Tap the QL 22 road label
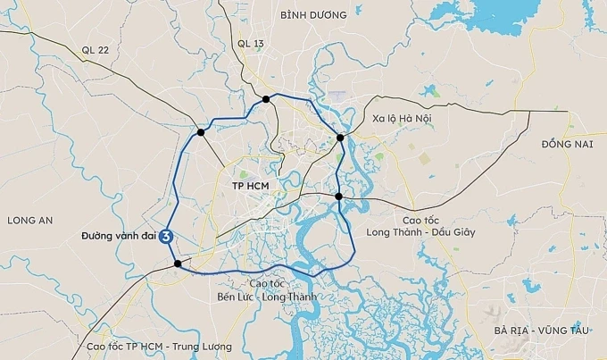[93, 50]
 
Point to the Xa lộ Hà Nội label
[403, 118]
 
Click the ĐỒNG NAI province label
[567, 144]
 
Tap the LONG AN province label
[30, 220]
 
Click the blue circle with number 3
[166, 237]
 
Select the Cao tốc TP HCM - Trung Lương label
[159, 346]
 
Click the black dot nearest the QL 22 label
[201, 132]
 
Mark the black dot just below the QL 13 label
[266, 99]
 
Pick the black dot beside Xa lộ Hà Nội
[340, 138]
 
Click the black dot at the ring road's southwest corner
[179, 264]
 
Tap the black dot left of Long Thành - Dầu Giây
[339, 196]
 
